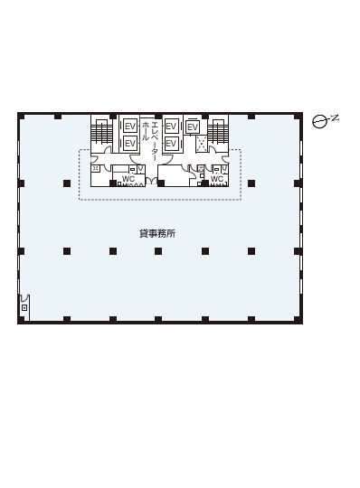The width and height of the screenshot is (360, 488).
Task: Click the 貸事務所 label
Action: pyautogui.click(x=157, y=233)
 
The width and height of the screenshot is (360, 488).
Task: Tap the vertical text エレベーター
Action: pyautogui.click(x=155, y=136)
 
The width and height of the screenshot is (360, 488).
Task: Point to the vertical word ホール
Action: pyautogui.click(x=146, y=131)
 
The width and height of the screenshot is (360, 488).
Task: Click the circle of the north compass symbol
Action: pyautogui.click(x=319, y=122)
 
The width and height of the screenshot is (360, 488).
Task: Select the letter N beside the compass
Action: pyautogui.click(x=335, y=117)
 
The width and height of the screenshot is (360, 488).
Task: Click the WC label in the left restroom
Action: pyautogui.click(x=128, y=179)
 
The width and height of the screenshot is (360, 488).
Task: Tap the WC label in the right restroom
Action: pyautogui.click(x=217, y=179)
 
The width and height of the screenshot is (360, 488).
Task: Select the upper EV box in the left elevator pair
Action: pyautogui.click(x=130, y=127)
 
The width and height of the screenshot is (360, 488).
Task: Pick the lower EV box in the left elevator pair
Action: pyautogui.click(x=130, y=144)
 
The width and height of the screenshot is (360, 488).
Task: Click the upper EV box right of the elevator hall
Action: pyautogui.click(x=171, y=127)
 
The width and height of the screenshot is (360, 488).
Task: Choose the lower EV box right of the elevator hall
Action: pyautogui.click(x=171, y=144)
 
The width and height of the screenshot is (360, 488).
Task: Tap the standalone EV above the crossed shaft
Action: pyautogui.click(x=193, y=127)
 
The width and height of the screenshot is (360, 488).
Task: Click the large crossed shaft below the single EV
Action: pyautogui.click(x=202, y=144)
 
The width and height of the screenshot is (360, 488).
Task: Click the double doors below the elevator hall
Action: pyautogui.click(x=151, y=181)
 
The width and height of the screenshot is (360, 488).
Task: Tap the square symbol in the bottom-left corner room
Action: pyautogui.click(x=24, y=308)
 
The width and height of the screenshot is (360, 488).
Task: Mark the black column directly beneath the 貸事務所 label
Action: pyautogui.click(x=158, y=251)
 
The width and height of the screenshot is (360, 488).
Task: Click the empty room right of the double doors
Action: pyautogui.click(x=173, y=175)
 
